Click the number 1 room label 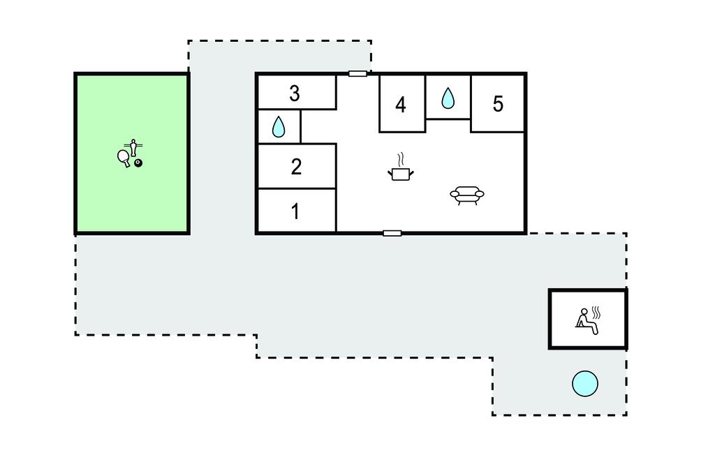[295, 211]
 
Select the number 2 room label [296, 167]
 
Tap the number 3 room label [295, 93]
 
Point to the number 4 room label [400, 105]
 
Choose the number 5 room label [498, 104]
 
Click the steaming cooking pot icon [400, 173]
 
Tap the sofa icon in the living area [467, 195]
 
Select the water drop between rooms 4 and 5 [448, 99]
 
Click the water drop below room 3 [278, 126]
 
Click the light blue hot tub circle [585, 383]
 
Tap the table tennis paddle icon [124, 158]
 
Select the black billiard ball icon [138, 163]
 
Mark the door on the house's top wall [357, 73]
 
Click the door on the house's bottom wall [392, 233]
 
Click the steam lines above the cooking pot [400, 160]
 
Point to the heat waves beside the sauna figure [596, 311]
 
